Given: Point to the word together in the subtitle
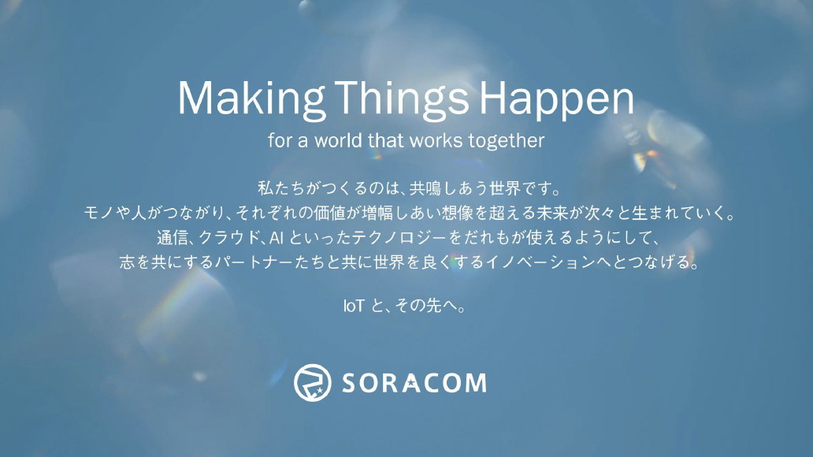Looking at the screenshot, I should tap(507, 142).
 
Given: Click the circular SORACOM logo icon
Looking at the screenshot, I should tap(312, 382).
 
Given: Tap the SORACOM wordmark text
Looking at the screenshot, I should tap(414, 383).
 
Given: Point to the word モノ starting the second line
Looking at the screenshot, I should tap(100, 213).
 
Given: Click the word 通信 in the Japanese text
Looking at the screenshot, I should tap(172, 237).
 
